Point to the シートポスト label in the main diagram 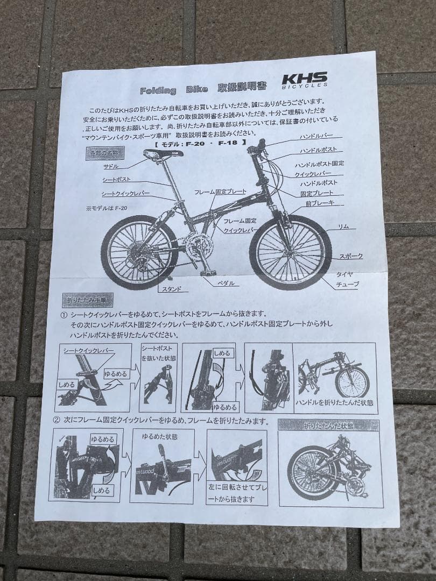pos(117,180)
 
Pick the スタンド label pos(175,289)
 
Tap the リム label pos(344,227)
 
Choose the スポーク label pos(351,257)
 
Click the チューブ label pos(347,284)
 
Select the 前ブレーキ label pos(320,203)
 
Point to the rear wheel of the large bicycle pos(139,252)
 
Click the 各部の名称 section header pos(106,153)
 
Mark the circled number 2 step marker pos(57,421)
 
